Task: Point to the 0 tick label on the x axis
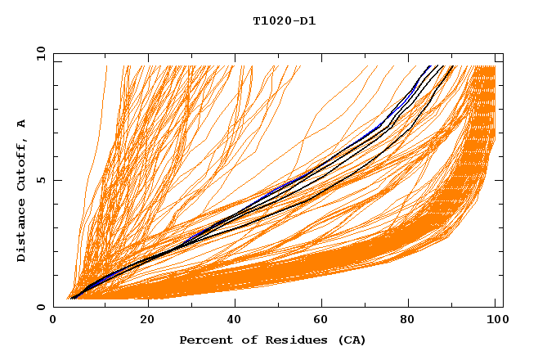[x=54, y=320]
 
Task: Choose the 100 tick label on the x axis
[x=496, y=320]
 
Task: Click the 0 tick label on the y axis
[x=41, y=307]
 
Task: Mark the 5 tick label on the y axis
[x=41, y=180]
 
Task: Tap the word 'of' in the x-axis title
[x=244, y=340]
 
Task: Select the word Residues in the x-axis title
[x=289, y=340]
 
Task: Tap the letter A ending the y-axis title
[x=22, y=124]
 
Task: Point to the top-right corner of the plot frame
[x=503, y=54]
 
